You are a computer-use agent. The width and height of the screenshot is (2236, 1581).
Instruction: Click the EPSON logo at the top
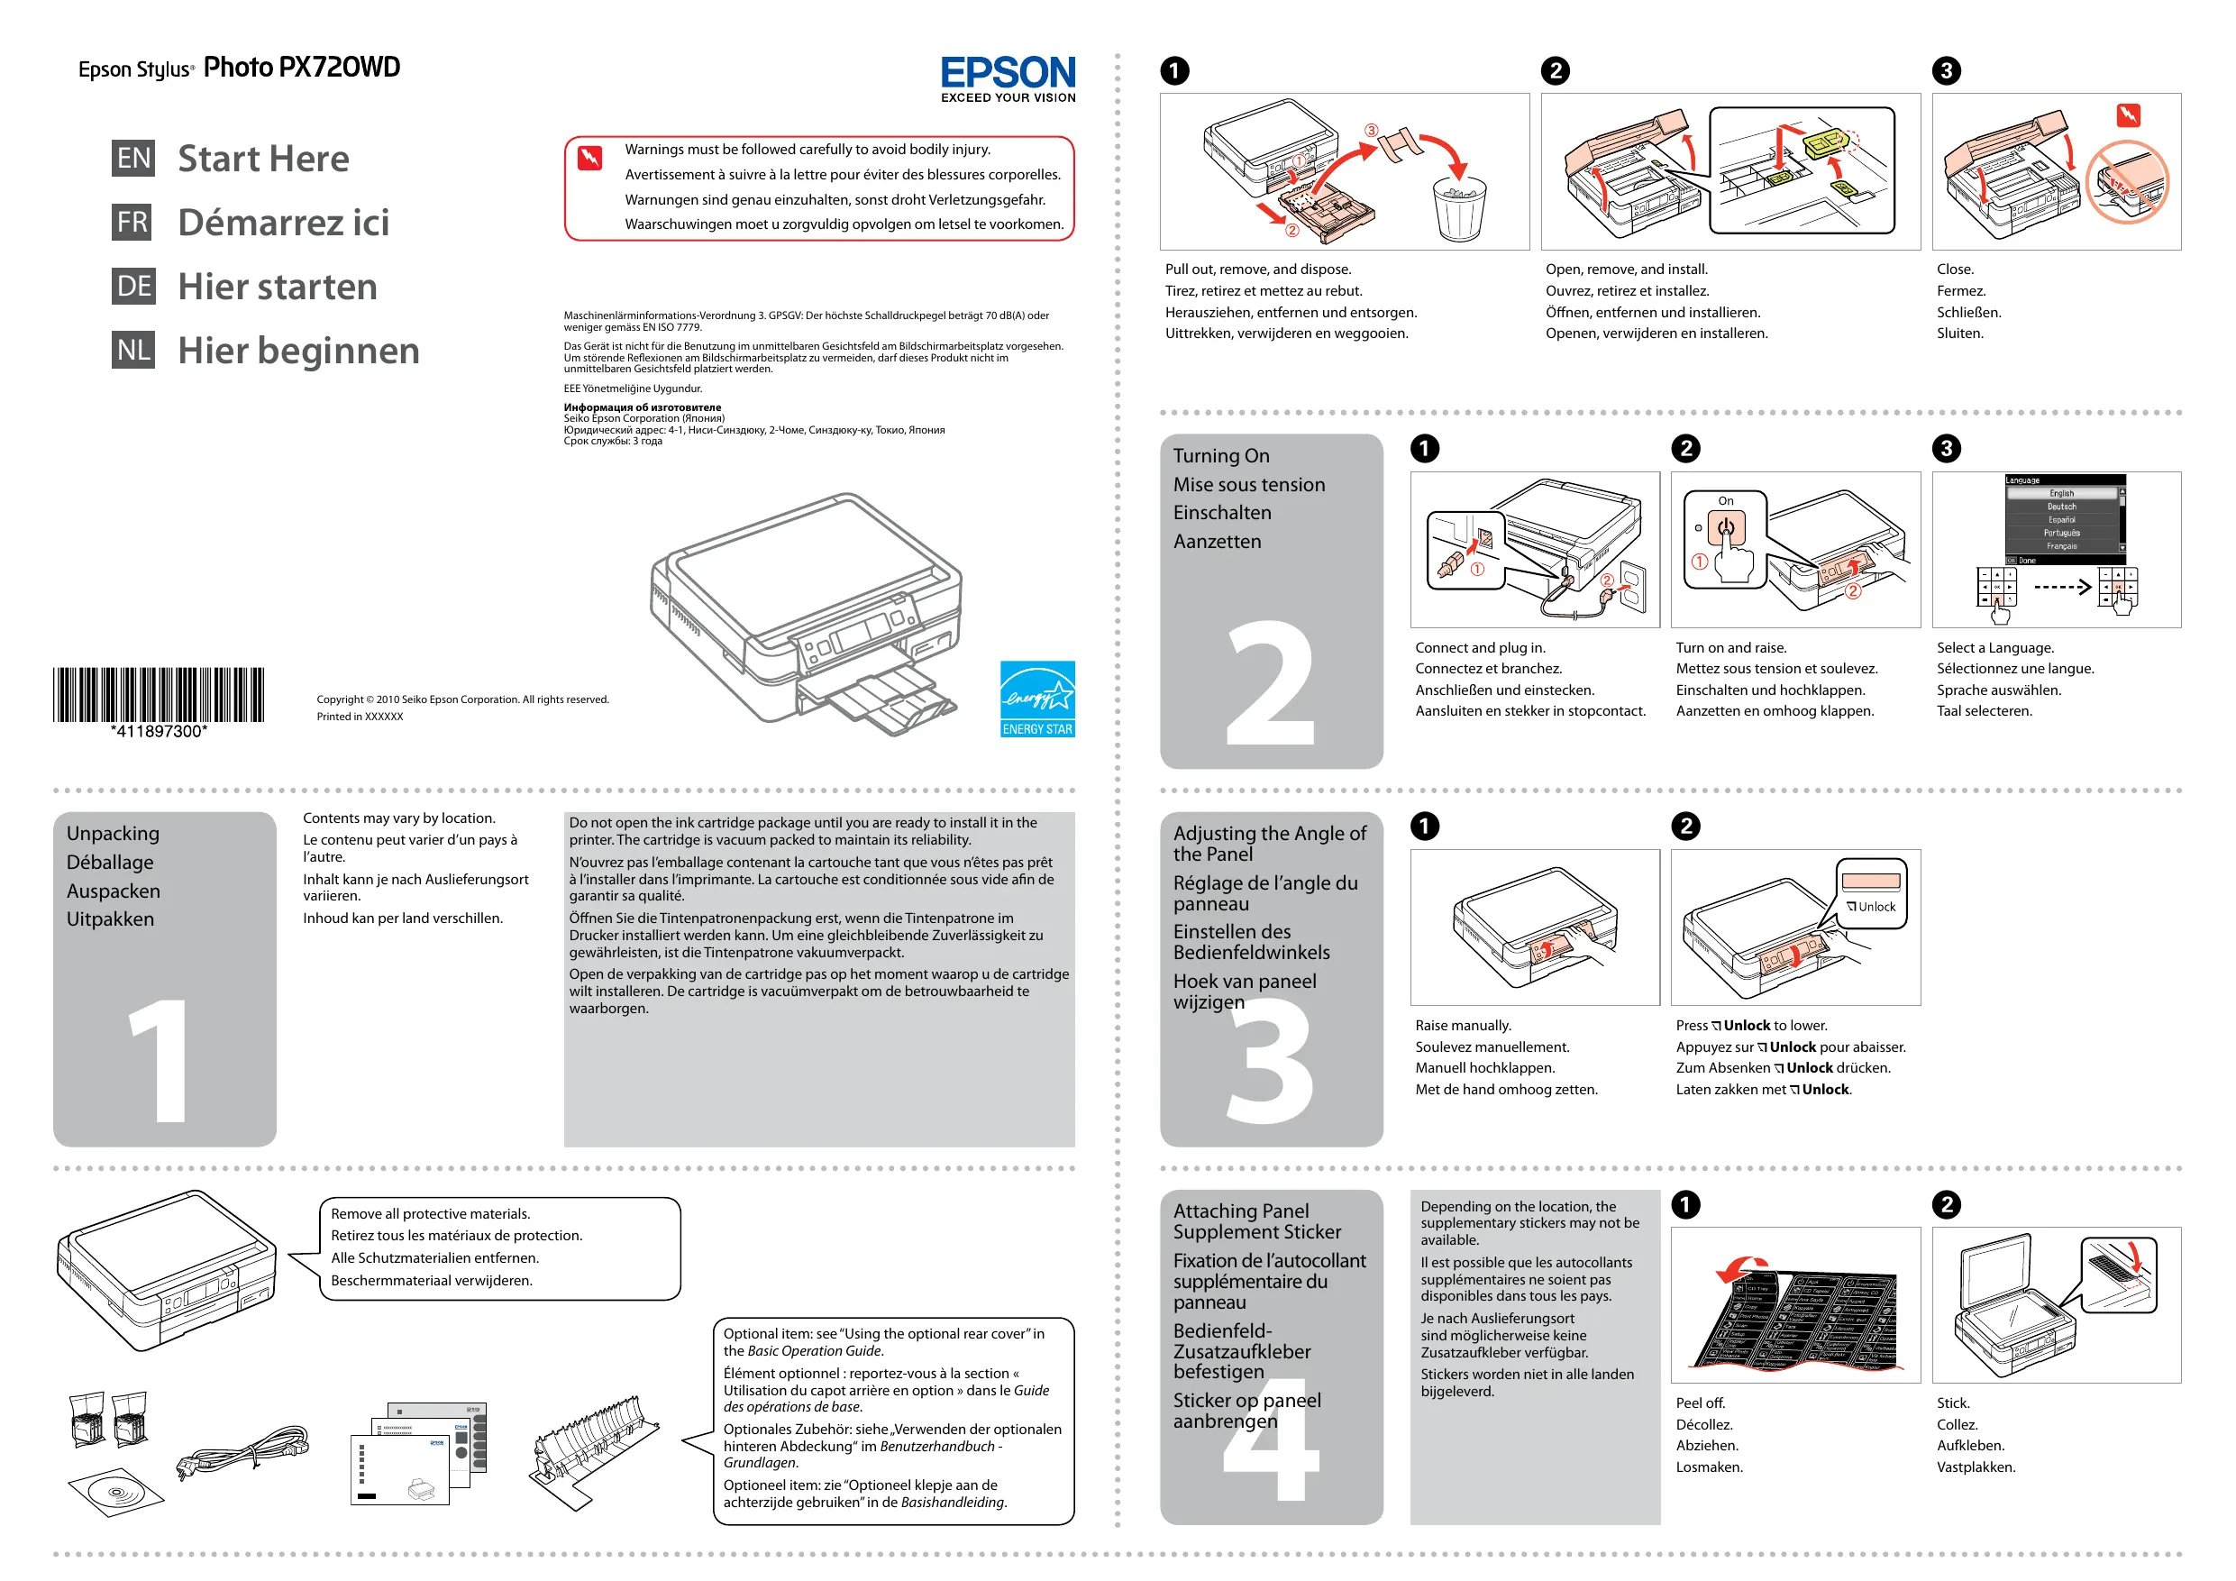[x=1007, y=74]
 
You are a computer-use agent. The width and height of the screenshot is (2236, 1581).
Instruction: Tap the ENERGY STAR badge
[x=1037, y=699]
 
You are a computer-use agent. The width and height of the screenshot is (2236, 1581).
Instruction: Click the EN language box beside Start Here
[x=133, y=158]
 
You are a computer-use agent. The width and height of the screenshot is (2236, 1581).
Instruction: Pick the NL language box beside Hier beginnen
[x=133, y=350]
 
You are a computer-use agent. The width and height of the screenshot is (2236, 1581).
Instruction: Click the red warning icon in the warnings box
[x=590, y=157]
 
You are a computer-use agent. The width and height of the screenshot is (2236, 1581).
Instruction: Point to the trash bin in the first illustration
[x=1459, y=207]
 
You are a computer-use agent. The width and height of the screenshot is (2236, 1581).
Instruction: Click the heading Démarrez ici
[x=283, y=222]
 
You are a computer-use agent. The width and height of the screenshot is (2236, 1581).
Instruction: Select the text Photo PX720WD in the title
[x=302, y=68]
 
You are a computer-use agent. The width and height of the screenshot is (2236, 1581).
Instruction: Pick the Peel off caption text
[x=1700, y=1403]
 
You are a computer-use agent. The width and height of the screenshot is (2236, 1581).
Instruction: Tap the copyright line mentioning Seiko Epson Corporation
[x=462, y=699]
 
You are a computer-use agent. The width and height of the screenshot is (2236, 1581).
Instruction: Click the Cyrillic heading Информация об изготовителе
[x=642, y=407]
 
